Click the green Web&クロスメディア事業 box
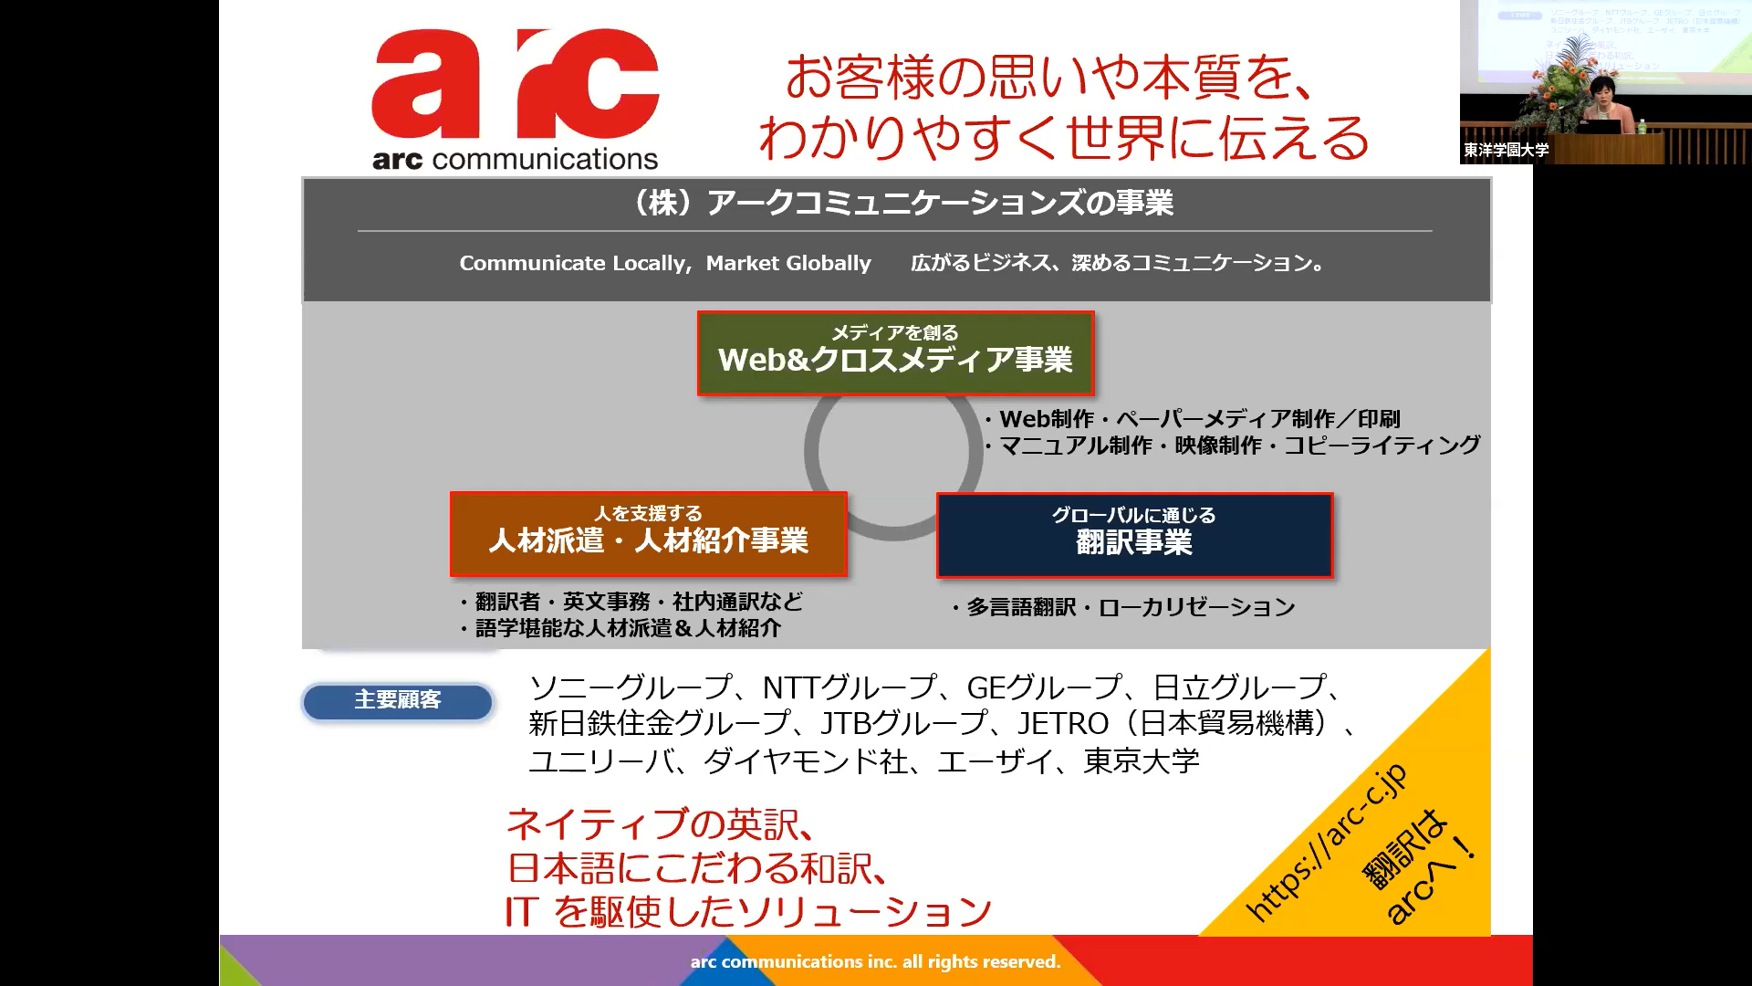pyautogui.click(x=895, y=353)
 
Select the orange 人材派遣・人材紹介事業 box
pyautogui.click(x=648, y=534)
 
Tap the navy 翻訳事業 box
pyautogui.click(x=1134, y=536)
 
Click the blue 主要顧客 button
pyautogui.click(x=398, y=701)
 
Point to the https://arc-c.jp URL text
pyautogui.click(x=1328, y=842)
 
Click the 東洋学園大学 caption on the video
pyautogui.click(x=1507, y=150)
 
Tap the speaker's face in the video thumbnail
pyautogui.click(x=1602, y=93)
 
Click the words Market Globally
pyautogui.click(x=788, y=263)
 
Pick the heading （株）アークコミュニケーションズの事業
pyautogui.click(x=900, y=203)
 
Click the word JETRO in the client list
pyautogui.click(x=1063, y=723)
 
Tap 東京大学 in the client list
pyautogui.click(x=1142, y=760)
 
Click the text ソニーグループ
pyautogui.click(x=631, y=687)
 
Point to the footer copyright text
pyautogui.click(x=875, y=961)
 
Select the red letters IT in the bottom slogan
pyautogui.click(x=522, y=911)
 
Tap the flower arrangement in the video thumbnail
pyautogui.click(x=1565, y=82)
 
